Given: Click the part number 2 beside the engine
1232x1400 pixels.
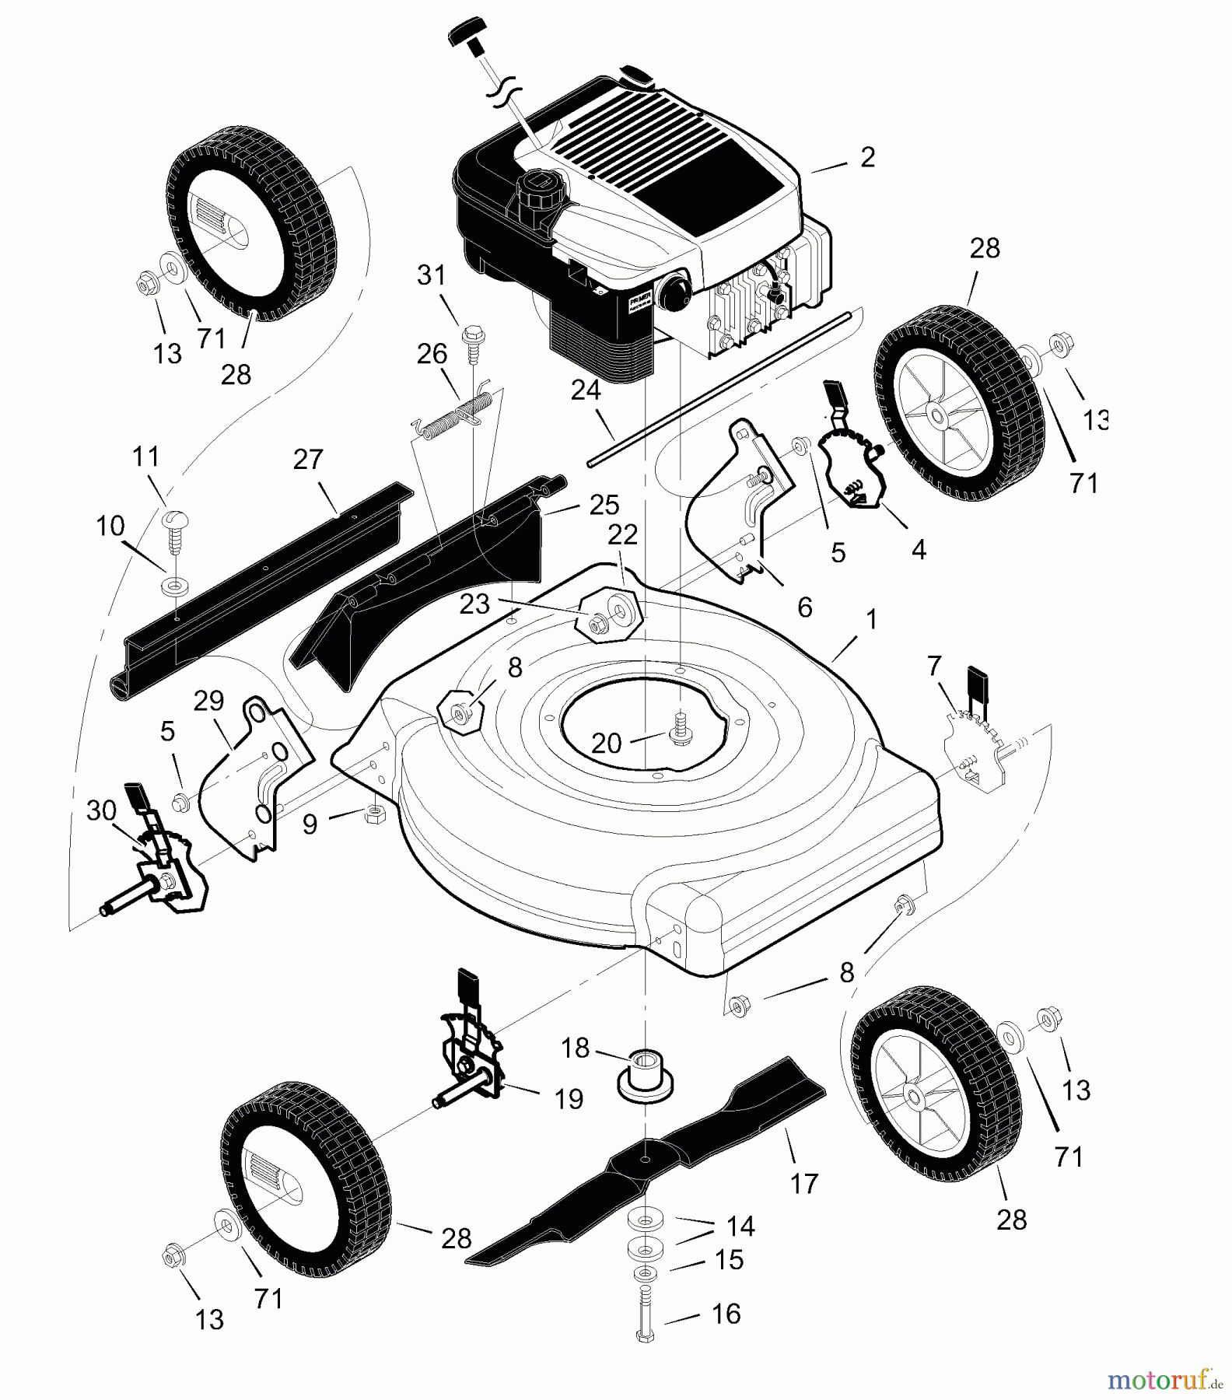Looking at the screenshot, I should click(867, 157).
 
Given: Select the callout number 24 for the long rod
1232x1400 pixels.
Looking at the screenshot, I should click(586, 390).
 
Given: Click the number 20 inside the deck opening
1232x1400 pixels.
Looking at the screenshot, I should click(606, 743).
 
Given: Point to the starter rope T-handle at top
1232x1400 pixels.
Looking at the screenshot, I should click(466, 37).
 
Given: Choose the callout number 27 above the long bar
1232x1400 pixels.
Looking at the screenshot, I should click(308, 460).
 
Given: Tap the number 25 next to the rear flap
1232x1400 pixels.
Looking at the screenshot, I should click(604, 505).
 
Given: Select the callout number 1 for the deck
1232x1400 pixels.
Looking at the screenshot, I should click(871, 620).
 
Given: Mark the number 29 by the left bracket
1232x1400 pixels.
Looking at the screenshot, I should click(208, 701).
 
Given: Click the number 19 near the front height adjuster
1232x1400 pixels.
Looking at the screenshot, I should click(569, 1099).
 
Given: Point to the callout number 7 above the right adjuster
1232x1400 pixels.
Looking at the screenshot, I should click(934, 666).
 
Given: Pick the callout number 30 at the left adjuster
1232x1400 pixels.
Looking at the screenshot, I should click(101, 810).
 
